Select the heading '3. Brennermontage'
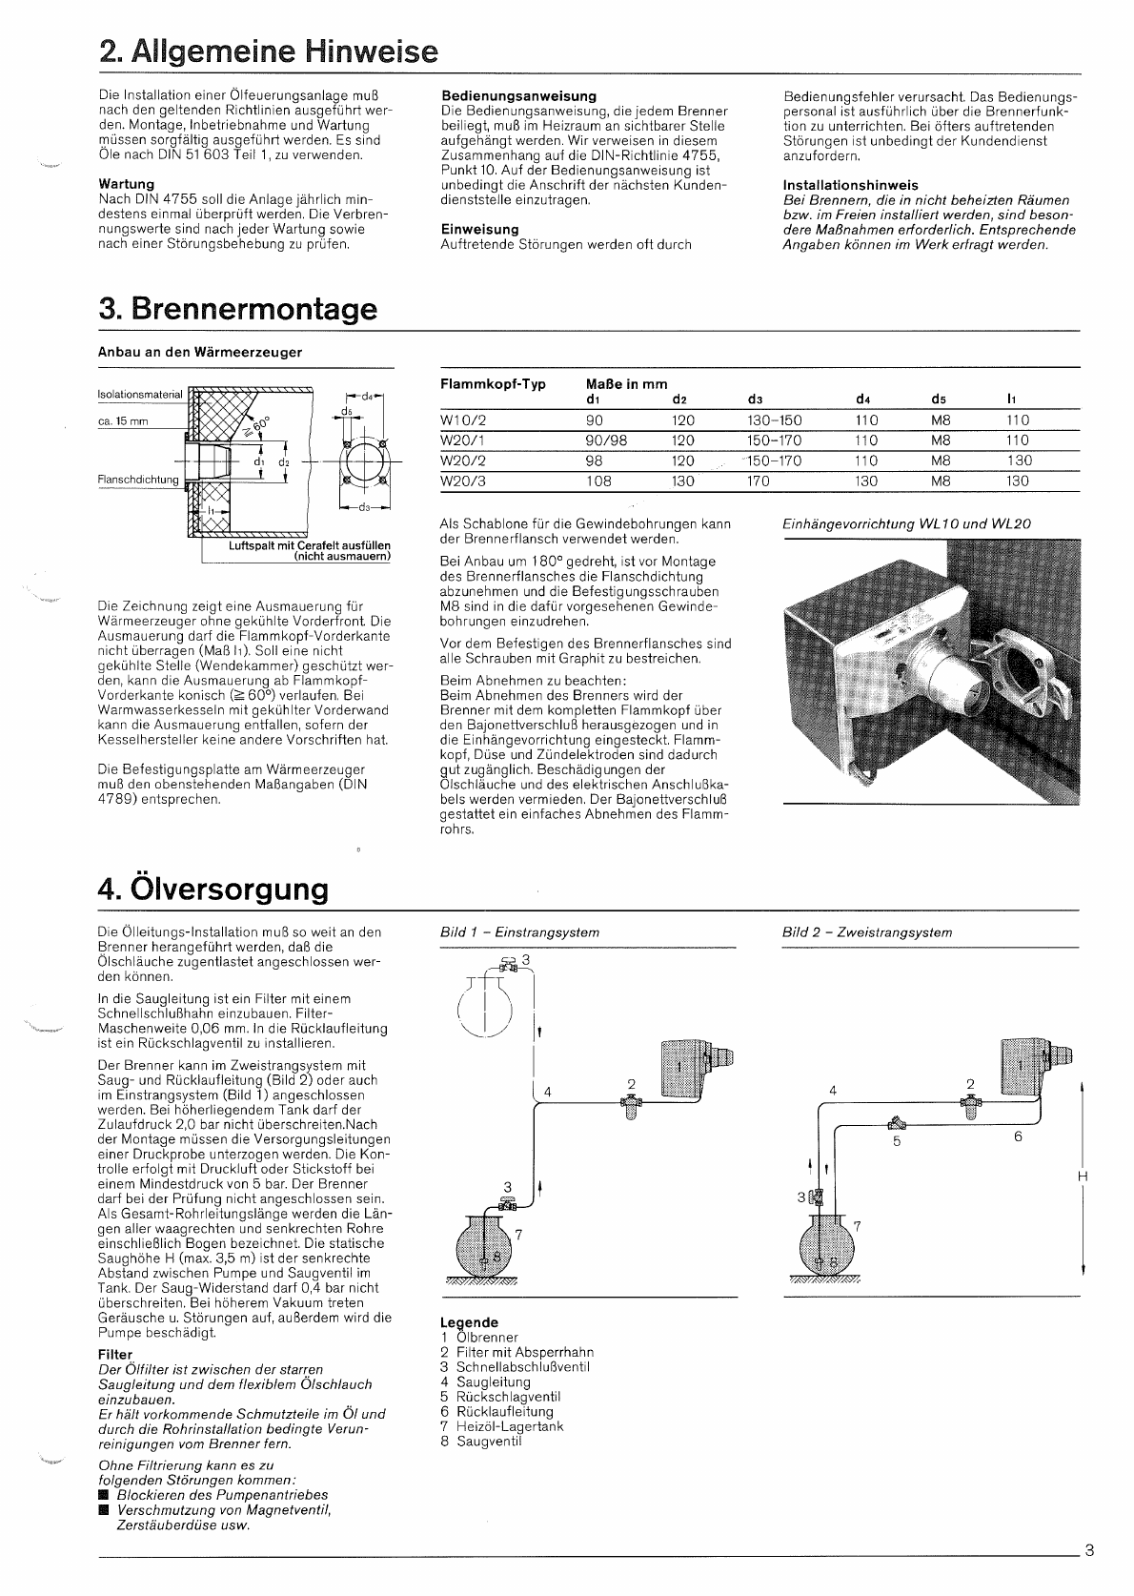[237, 309]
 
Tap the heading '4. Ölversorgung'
[213, 889]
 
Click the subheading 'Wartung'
[126, 184]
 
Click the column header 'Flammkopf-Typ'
[493, 384]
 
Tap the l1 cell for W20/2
[1018, 460]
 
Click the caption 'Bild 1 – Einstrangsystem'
[519, 932]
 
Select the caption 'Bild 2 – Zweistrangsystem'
[866, 932]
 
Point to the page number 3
[1089, 1549]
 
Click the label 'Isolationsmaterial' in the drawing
[139, 394]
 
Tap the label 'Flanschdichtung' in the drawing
[138, 480]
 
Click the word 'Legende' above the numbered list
[469, 1322]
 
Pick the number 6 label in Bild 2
[1018, 1136]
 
